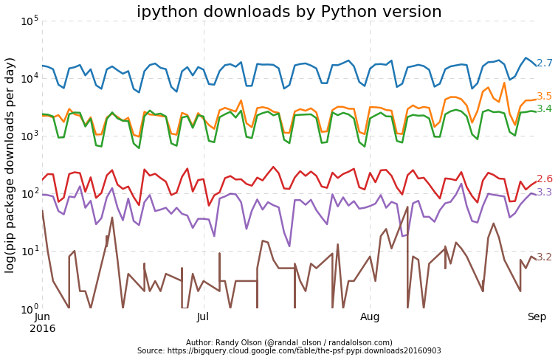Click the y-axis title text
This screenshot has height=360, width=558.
(x=10, y=165)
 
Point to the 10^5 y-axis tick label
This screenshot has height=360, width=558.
(x=30, y=21)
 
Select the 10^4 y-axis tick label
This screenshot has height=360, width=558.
(x=30, y=78)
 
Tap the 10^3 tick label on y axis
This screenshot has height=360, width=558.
(x=30, y=136)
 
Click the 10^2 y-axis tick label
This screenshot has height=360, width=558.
(x=30, y=193)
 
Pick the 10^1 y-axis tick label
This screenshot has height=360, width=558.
(x=30, y=251)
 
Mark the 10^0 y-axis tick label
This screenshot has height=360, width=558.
(x=30, y=308)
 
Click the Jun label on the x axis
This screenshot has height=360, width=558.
(x=42, y=316)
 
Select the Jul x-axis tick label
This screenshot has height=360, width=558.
(x=203, y=316)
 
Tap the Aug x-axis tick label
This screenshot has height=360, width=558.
(x=370, y=316)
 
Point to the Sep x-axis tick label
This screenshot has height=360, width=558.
(x=537, y=316)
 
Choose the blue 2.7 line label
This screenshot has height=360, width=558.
(x=544, y=63)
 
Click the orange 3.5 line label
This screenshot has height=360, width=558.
(x=544, y=97)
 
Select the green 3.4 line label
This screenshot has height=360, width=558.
(x=544, y=109)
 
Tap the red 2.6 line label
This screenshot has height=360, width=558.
(x=544, y=179)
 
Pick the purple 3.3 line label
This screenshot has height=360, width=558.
(x=544, y=193)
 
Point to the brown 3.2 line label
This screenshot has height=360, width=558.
(x=544, y=257)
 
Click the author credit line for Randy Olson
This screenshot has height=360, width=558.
(x=289, y=342)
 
